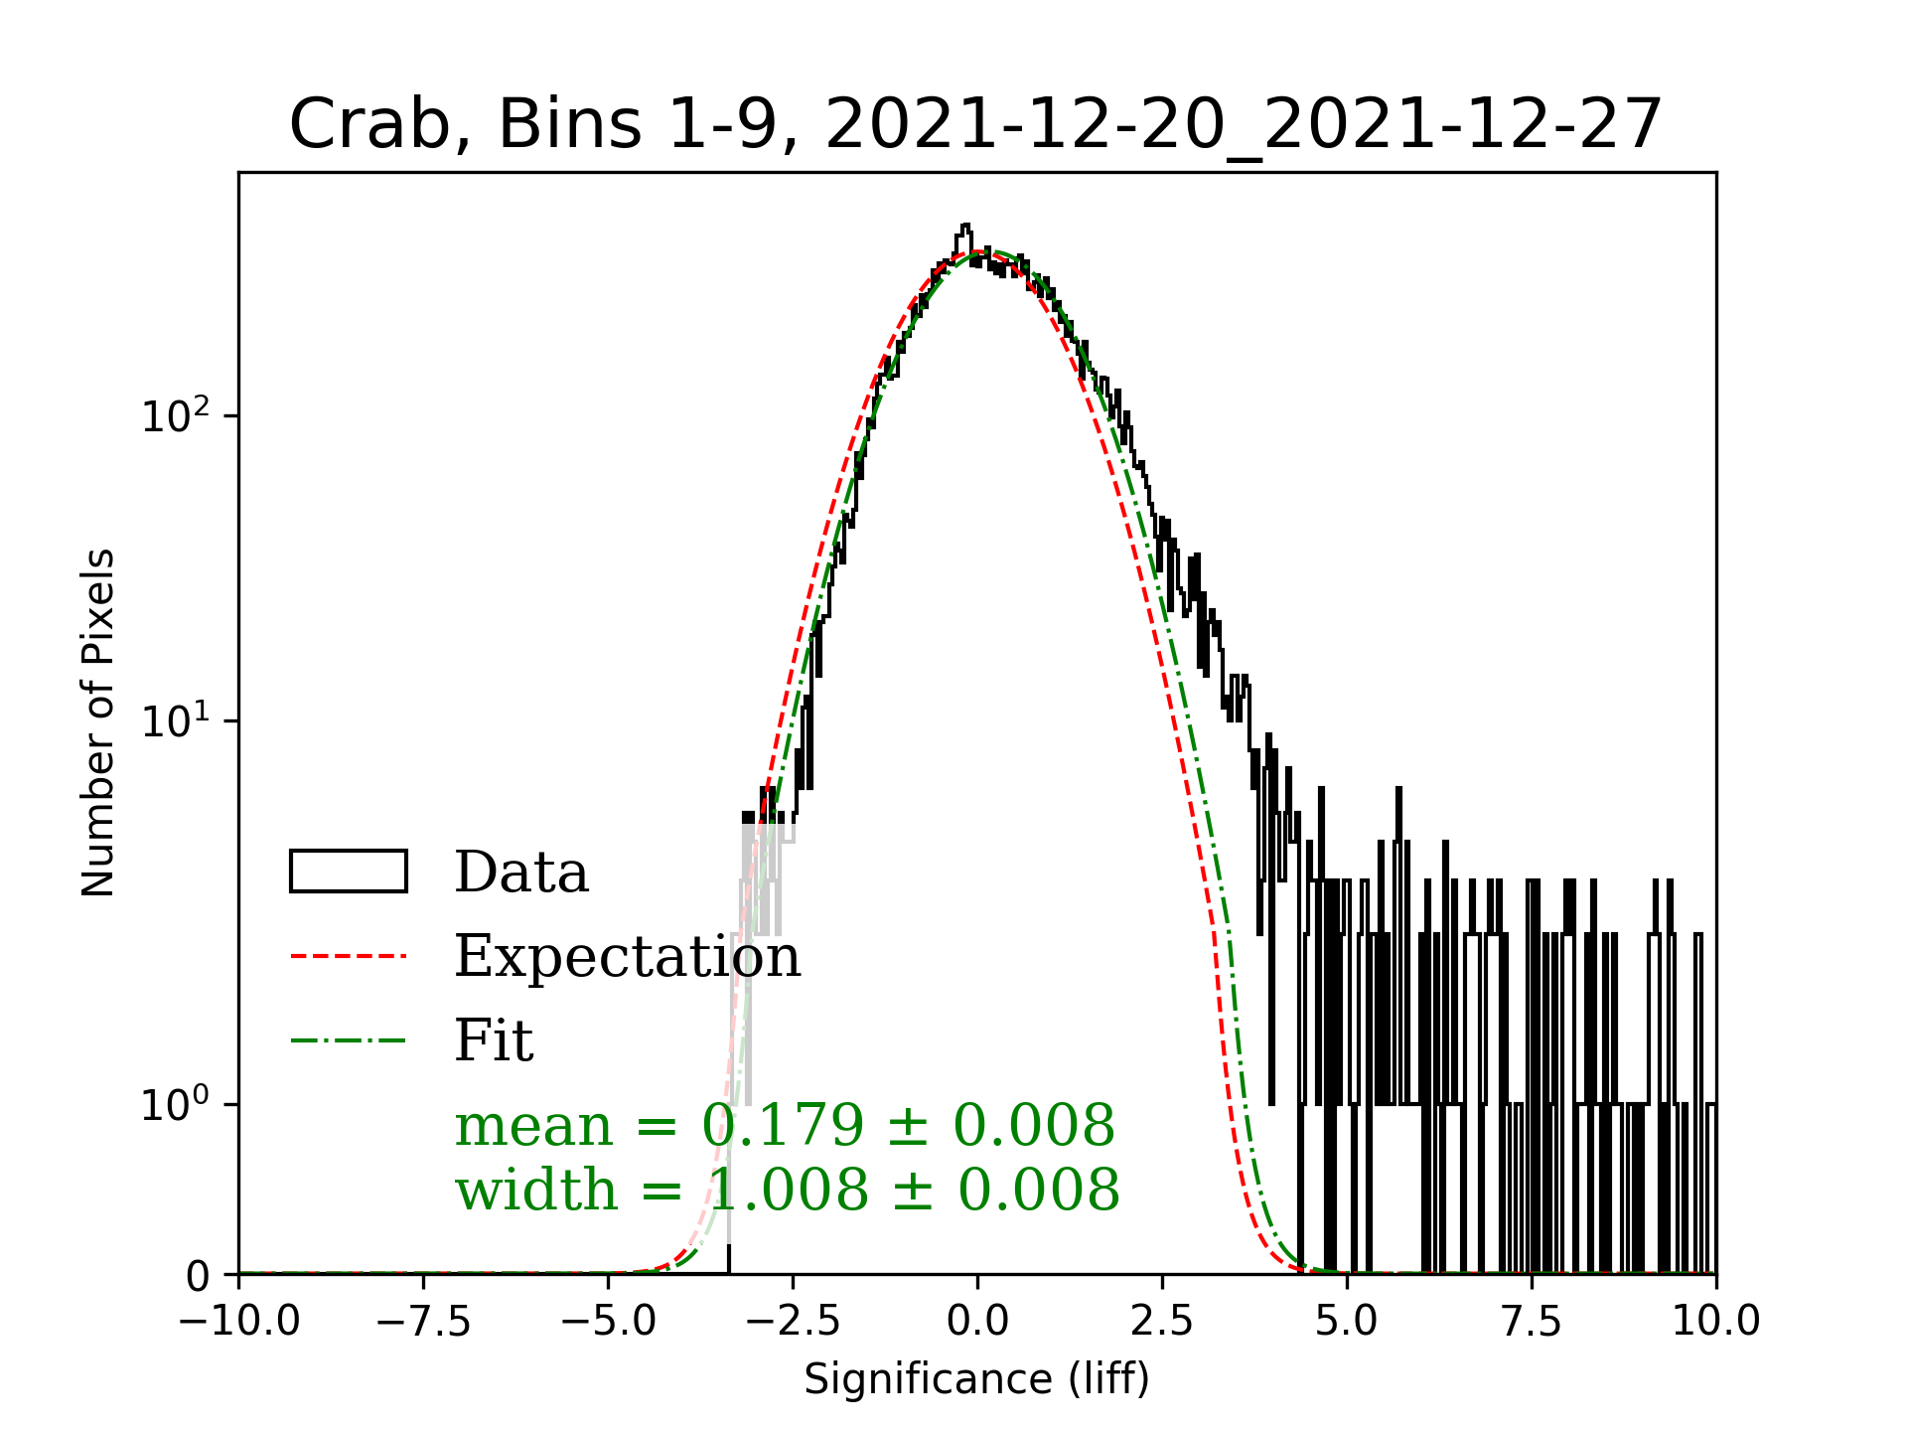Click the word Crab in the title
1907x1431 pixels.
[365, 125]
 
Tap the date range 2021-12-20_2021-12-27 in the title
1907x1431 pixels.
[1244, 125]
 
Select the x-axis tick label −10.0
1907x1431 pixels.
[239, 1322]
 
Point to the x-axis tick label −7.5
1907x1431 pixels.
[424, 1322]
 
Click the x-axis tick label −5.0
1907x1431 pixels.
[609, 1322]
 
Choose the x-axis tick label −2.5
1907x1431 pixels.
[794, 1322]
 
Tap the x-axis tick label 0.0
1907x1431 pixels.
[977, 1322]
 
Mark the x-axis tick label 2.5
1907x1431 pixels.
[1162, 1322]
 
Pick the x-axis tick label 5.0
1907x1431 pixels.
[1347, 1322]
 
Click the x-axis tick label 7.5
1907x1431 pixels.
[1532, 1322]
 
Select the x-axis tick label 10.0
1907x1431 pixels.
[1715, 1322]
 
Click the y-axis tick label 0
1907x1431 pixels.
[198, 1276]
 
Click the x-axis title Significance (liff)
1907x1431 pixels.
[977, 1379]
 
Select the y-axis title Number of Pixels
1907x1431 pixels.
[98, 722]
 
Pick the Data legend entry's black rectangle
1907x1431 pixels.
[349, 872]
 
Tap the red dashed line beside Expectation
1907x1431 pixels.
[349, 956]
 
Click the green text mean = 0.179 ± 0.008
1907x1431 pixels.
[785, 1126]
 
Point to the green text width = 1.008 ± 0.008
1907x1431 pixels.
[787, 1190]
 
